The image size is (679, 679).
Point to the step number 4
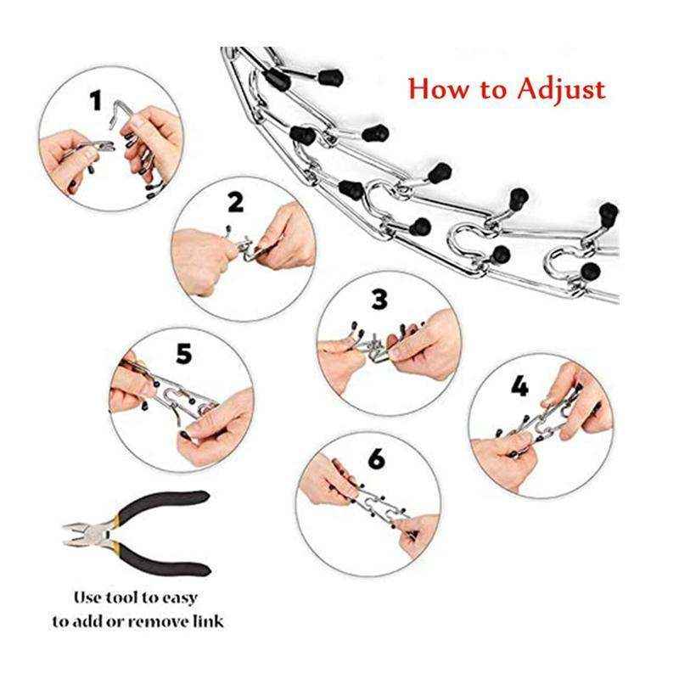coord(520,387)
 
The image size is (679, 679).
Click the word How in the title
coord(436,89)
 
